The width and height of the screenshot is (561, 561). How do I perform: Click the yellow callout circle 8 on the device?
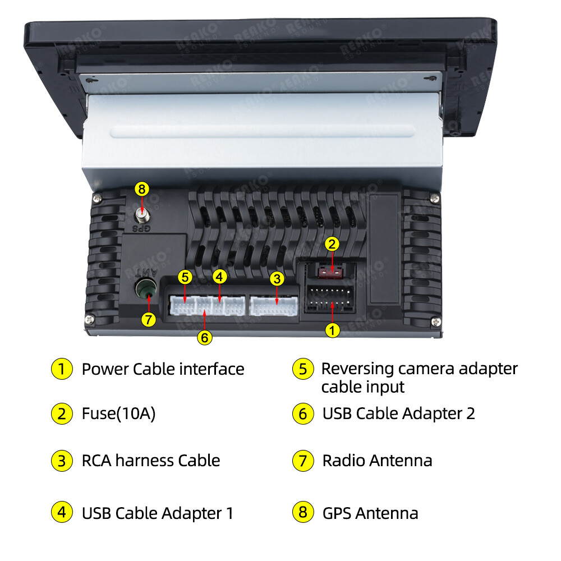[x=142, y=189]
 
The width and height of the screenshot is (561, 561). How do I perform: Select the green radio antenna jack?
[x=146, y=288]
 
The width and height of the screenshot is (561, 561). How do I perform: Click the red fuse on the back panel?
[x=330, y=273]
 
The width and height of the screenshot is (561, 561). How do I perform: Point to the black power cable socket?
[x=330, y=299]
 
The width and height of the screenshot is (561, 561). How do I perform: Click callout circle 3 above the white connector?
[x=277, y=279]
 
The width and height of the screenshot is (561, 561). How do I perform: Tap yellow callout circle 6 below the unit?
[x=205, y=337]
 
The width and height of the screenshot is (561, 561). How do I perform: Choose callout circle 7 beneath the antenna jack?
[x=149, y=320]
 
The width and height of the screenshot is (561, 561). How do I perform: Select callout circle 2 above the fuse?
[x=332, y=244]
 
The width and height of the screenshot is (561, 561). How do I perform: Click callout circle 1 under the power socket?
[x=332, y=330]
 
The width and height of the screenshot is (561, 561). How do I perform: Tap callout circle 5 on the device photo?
[x=185, y=277]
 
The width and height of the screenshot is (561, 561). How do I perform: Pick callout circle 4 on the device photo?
[x=219, y=277]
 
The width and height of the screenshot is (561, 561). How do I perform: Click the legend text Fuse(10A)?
[x=118, y=414]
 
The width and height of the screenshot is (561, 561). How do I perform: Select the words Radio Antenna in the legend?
[x=377, y=461]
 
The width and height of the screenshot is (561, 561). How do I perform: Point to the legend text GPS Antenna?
[x=370, y=513]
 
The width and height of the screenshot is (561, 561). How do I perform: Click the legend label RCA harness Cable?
[x=151, y=461]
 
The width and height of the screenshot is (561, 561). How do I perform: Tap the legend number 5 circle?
[x=303, y=369]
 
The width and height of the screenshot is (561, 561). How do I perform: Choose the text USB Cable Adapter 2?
[x=398, y=414]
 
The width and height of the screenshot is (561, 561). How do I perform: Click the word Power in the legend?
[x=105, y=369]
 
